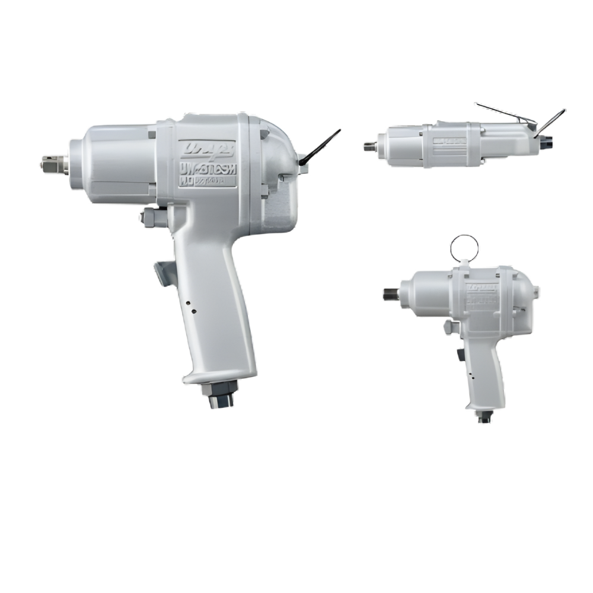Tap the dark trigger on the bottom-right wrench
click(460, 355)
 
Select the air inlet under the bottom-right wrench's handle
click(484, 416)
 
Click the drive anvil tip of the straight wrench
click(368, 145)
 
